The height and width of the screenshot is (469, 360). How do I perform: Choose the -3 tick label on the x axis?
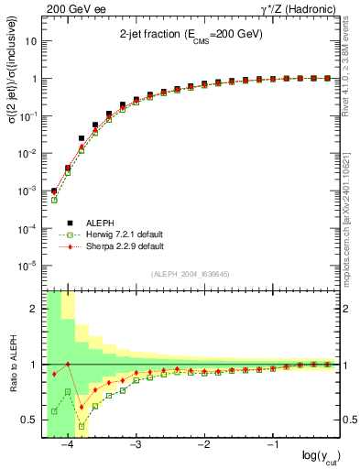click(135, 444)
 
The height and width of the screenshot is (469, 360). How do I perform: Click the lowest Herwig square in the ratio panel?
click(82, 426)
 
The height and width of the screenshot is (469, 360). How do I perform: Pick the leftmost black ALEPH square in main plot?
click(54, 191)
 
